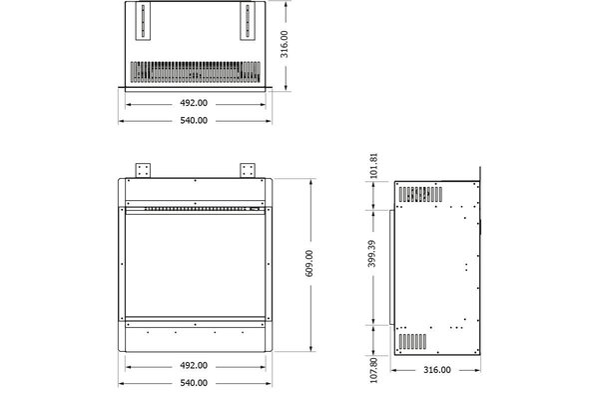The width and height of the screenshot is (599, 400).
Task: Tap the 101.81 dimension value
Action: tap(371, 165)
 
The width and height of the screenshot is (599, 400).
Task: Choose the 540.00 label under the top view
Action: tap(194, 120)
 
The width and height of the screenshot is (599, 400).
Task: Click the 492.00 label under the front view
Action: tap(194, 364)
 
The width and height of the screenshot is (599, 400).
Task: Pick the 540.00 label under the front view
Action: tap(194, 382)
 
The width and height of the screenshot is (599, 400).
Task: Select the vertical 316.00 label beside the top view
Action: tap(284, 44)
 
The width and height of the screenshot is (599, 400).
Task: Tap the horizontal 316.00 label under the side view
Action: tap(437, 371)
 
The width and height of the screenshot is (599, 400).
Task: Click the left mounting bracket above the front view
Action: tap(142, 168)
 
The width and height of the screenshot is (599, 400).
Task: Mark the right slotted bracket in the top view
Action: tap(246, 21)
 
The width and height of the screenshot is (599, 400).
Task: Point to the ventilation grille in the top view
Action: tap(195, 72)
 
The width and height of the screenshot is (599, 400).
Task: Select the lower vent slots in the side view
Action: tap(413, 342)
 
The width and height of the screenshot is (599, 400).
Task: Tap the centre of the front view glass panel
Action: tap(194, 265)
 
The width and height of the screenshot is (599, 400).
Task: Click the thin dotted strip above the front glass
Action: tap(194, 209)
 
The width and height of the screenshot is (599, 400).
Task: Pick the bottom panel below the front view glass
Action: tap(194, 337)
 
